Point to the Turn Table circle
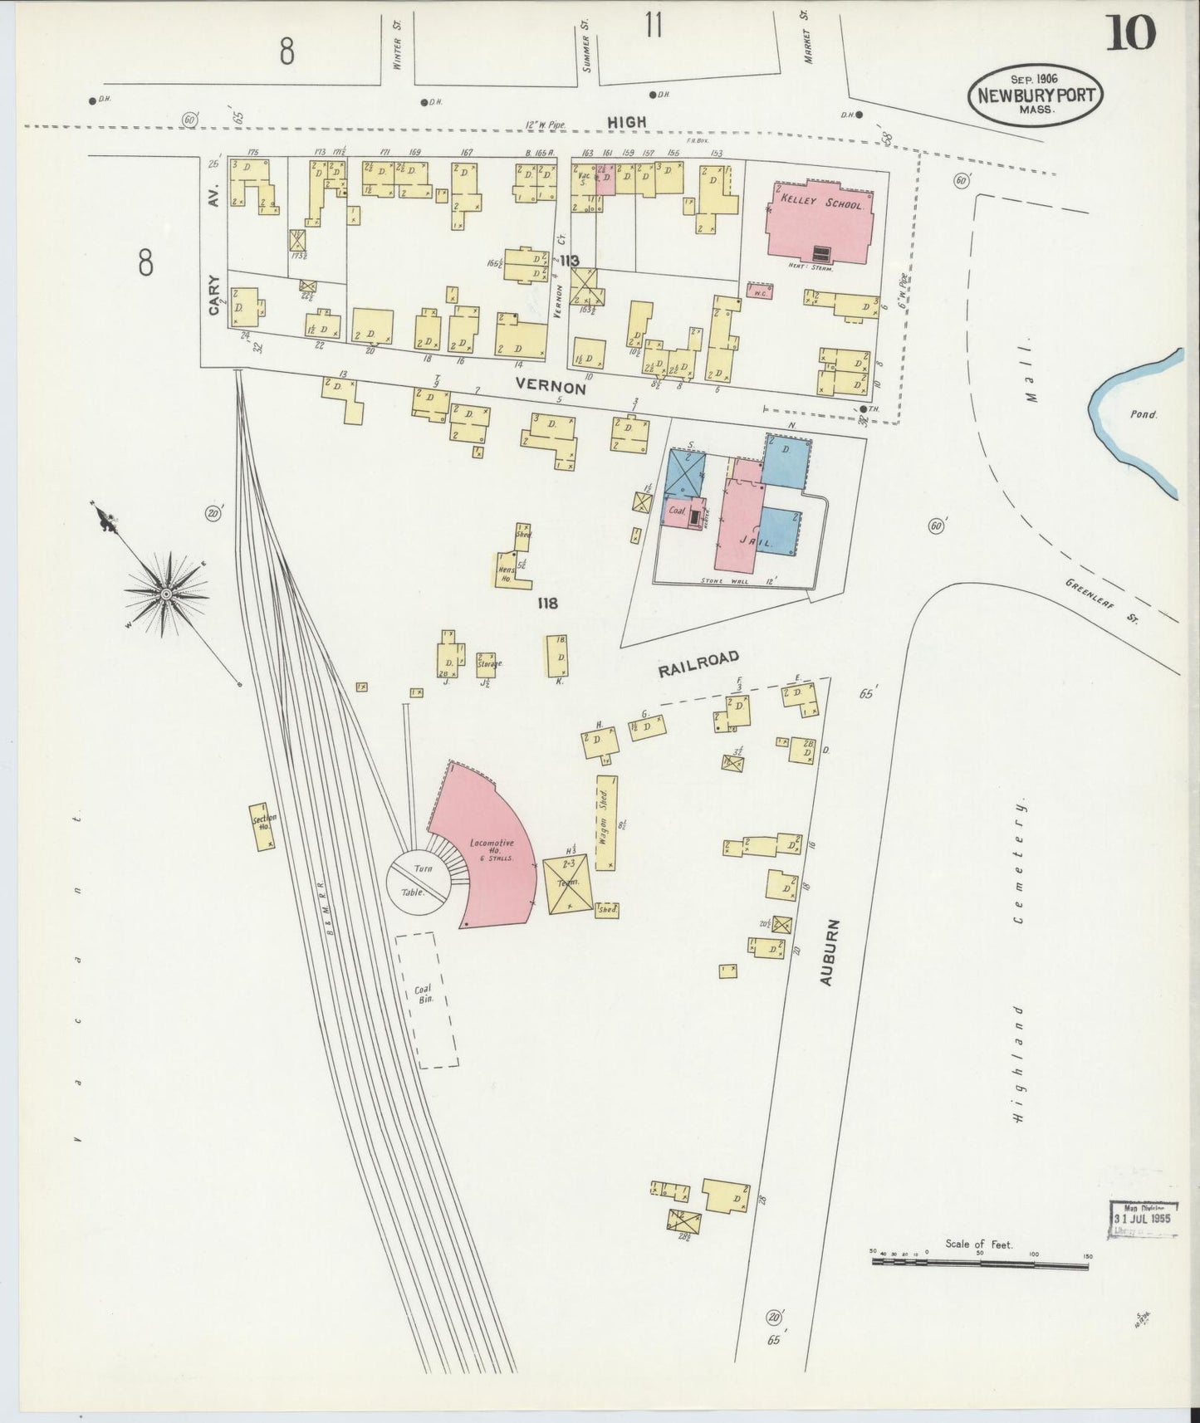(x=419, y=883)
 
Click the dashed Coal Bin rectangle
(x=427, y=999)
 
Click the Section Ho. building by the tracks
(x=263, y=825)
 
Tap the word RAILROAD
(x=698, y=665)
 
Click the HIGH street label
(x=626, y=122)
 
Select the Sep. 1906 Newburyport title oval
(x=1035, y=95)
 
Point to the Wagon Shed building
(x=606, y=822)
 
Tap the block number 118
(x=546, y=604)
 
